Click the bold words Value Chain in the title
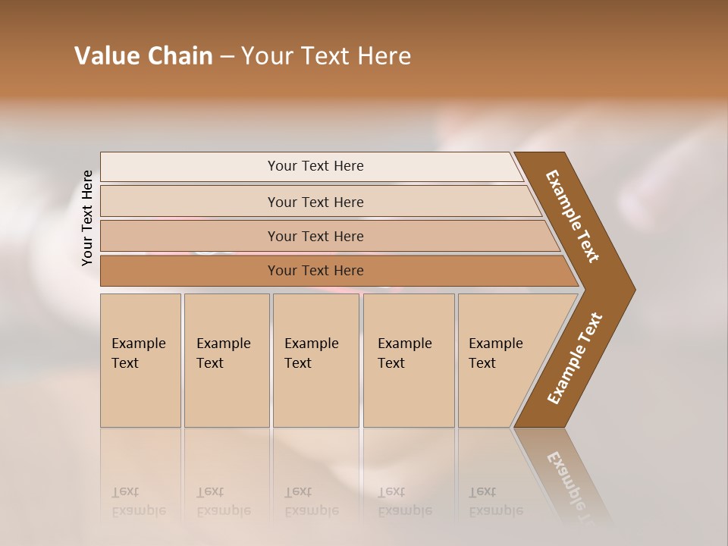pos(143,56)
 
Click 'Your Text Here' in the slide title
pos(326,56)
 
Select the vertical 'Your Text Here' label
pos(87,218)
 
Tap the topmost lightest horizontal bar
pos(315,166)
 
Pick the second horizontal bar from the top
pos(315,202)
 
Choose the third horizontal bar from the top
pos(315,236)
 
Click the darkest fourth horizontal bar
pos(315,271)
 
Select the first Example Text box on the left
pos(140,360)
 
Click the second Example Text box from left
pos(226,360)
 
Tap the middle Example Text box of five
pos(315,360)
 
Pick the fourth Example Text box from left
pos(409,360)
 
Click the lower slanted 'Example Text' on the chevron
pos(575,358)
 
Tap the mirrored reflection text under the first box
pos(138,501)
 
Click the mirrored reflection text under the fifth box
pos(496,501)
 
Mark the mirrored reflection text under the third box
pos(311,501)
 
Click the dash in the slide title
pos(227,57)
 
